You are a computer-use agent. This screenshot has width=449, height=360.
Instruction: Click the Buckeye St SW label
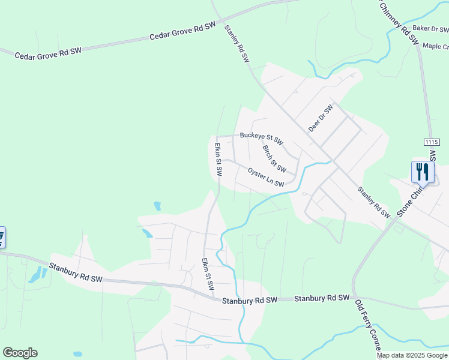261,136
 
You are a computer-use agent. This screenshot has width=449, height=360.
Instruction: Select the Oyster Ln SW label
265,177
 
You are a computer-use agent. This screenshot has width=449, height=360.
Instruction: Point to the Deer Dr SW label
321,119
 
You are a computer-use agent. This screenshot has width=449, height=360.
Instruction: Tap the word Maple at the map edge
436,46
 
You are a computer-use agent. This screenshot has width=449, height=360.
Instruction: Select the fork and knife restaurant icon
423,172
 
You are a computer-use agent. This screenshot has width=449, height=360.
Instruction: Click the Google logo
20,353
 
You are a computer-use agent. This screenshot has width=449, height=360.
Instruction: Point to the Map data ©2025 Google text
412,355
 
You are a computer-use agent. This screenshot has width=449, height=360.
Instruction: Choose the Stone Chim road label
411,200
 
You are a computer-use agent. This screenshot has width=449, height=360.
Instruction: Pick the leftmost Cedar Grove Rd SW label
47,53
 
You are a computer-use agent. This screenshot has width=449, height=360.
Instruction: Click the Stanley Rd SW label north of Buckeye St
237,44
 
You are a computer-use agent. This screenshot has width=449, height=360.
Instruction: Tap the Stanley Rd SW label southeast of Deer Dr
373,202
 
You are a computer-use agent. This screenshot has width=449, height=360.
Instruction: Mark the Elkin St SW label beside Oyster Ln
218,159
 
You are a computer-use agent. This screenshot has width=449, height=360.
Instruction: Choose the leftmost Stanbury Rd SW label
76,273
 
